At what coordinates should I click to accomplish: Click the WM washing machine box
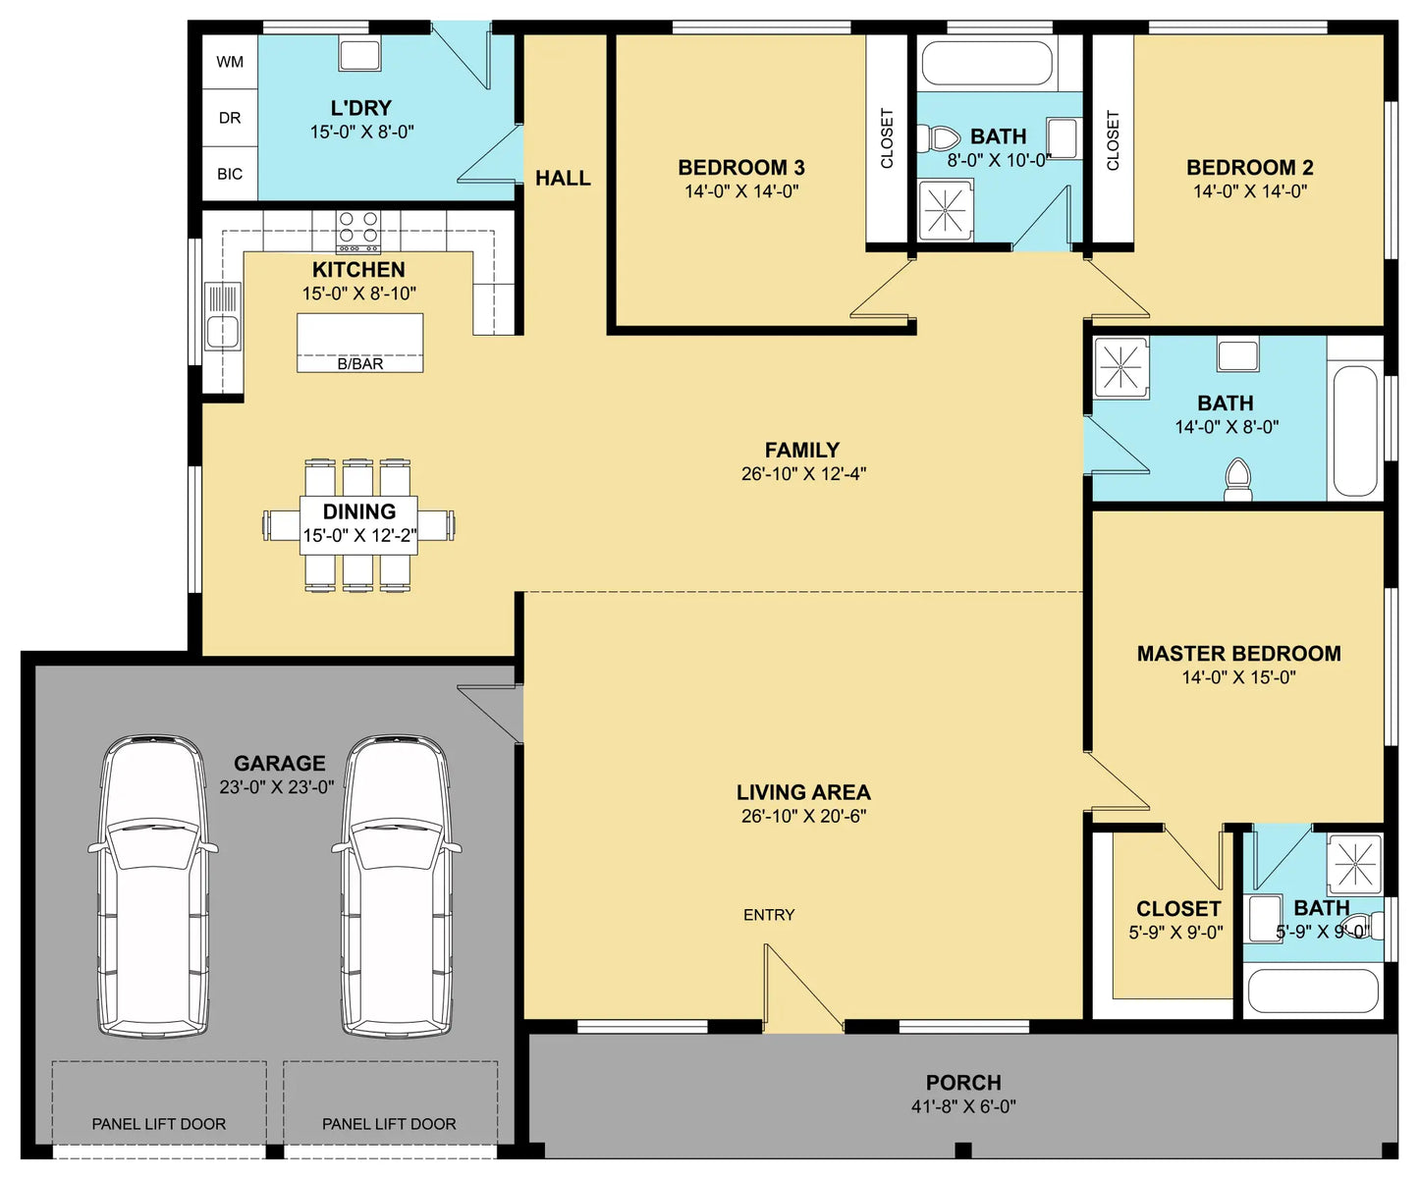tap(230, 62)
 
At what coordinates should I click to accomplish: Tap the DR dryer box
tap(230, 118)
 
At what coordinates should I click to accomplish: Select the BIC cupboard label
tap(230, 174)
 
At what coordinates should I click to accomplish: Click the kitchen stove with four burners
tap(358, 231)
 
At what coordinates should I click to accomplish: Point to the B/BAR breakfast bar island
tap(360, 343)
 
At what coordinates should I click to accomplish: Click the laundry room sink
tap(359, 53)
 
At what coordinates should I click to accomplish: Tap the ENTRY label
tap(769, 915)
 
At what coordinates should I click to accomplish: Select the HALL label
tap(563, 178)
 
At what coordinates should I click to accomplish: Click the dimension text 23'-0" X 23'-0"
tap(277, 786)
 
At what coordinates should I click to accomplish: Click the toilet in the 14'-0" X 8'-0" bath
tap(1237, 480)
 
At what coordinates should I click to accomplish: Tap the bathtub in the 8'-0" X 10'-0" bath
tap(987, 63)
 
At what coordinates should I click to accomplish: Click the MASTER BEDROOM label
tap(1239, 654)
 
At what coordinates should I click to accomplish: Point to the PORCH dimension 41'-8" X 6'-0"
tap(963, 1106)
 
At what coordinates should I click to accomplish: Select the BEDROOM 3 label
tap(741, 167)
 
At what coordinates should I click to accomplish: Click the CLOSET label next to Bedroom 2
tap(1113, 140)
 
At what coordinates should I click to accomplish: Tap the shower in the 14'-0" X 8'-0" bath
tap(1121, 367)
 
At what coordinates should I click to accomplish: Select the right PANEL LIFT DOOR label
tap(389, 1124)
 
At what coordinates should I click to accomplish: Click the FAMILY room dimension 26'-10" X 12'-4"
tap(803, 473)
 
